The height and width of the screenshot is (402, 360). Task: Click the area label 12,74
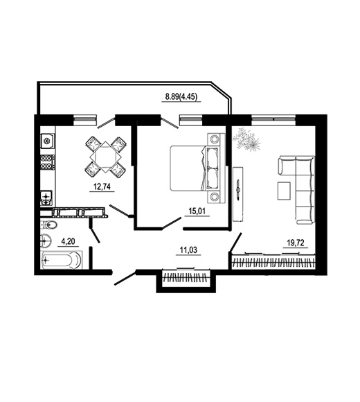(102, 186)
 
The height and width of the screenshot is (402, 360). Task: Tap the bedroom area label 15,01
(197, 211)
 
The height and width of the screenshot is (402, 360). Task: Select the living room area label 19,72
(295, 243)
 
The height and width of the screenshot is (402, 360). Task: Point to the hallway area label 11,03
(188, 250)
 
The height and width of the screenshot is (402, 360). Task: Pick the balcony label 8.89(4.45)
(181, 97)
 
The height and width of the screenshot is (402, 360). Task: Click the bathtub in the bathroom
(62, 261)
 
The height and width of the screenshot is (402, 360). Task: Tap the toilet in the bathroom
(49, 226)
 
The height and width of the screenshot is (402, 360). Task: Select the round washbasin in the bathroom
(46, 241)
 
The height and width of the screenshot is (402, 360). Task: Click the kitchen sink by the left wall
(46, 198)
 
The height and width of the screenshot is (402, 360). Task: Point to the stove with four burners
(48, 163)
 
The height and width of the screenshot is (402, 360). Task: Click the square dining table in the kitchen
(105, 157)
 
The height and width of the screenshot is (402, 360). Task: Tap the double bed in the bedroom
(195, 168)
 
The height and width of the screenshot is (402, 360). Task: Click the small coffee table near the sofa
(284, 191)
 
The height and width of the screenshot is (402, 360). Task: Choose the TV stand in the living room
(238, 194)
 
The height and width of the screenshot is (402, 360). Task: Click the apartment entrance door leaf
(125, 279)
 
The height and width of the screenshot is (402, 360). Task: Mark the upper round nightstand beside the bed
(214, 139)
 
